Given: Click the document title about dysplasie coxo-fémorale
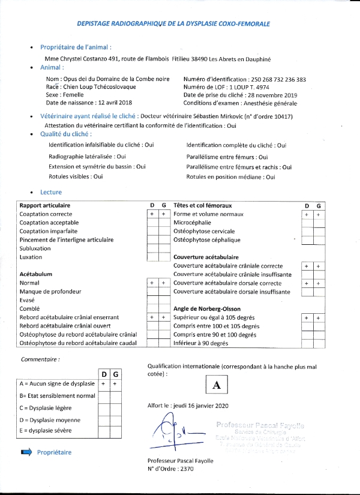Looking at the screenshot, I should coord(174,23).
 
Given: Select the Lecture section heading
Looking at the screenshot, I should coord(51,192).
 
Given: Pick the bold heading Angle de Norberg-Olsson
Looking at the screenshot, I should coord(206,308).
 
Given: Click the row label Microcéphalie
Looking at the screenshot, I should coord(191,223).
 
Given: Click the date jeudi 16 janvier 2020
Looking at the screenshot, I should coord(200,405).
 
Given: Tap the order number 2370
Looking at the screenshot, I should coord(189,469).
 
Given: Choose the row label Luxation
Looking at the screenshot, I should coord(31,257).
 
